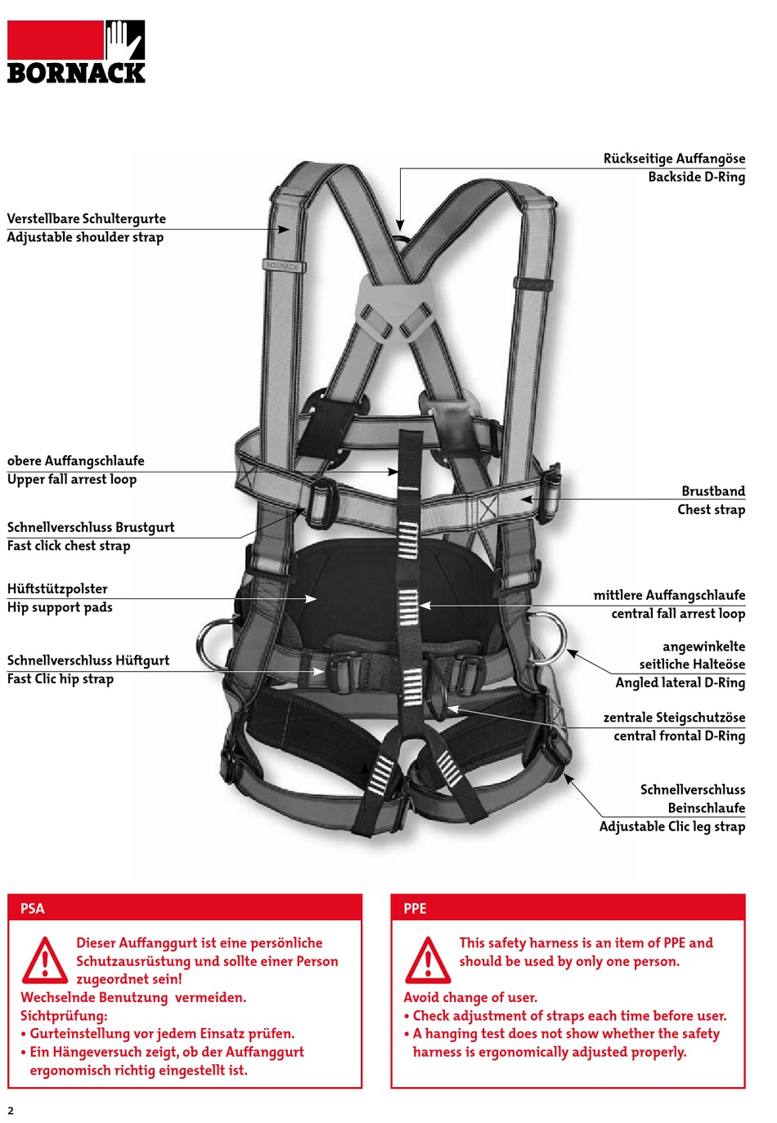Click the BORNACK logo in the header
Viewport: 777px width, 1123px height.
point(76,52)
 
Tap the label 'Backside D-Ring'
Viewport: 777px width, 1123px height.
point(696,177)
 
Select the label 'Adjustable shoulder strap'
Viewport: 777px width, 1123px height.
point(85,238)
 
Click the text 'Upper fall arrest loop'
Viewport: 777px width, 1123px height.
point(72,480)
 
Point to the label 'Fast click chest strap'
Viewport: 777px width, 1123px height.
point(69,546)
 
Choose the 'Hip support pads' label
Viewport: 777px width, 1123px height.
point(60,607)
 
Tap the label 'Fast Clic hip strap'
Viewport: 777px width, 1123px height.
point(61,679)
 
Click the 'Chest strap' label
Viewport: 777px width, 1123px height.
point(711,510)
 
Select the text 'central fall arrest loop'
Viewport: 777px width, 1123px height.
point(678,614)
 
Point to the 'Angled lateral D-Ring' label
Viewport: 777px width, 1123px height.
point(680,683)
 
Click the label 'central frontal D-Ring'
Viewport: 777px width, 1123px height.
point(679,736)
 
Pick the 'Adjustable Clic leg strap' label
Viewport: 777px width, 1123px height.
point(671,827)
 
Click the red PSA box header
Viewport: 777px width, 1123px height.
point(185,908)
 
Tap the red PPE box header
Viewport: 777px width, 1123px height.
point(568,908)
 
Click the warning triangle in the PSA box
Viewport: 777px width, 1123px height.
point(45,960)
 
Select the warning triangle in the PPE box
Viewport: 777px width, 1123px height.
point(427,960)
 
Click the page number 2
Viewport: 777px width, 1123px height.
point(11,1110)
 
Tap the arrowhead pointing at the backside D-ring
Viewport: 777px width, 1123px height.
point(400,225)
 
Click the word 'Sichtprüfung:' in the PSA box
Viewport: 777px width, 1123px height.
point(64,1016)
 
